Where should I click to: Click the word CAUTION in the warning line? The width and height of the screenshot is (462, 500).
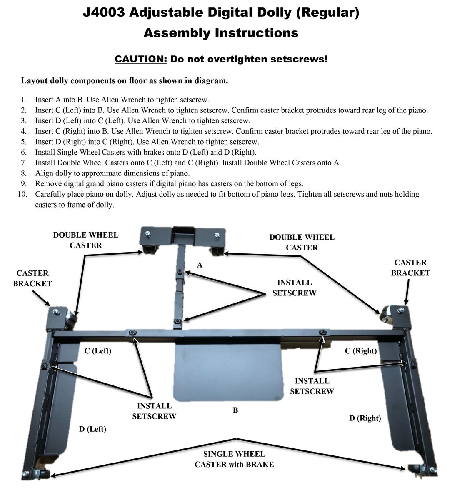click(141, 59)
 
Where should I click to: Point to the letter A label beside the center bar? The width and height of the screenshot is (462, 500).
click(200, 265)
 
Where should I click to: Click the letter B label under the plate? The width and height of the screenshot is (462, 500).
click(235, 410)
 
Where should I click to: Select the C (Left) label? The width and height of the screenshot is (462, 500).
click(98, 351)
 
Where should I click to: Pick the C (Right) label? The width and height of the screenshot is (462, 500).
click(361, 351)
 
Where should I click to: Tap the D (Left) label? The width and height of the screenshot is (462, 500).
click(92, 429)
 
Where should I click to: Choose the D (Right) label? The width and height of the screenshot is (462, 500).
click(365, 418)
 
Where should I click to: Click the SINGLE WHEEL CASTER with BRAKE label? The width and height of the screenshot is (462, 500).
click(234, 459)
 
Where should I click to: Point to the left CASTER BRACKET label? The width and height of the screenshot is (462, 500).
click(32, 278)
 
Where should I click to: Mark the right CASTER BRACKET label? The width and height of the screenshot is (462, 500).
click(410, 267)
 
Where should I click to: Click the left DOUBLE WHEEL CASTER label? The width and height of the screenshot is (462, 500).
click(86, 240)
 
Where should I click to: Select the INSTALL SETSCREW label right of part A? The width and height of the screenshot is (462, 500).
click(294, 288)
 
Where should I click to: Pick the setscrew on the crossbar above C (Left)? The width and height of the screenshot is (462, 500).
click(132, 332)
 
